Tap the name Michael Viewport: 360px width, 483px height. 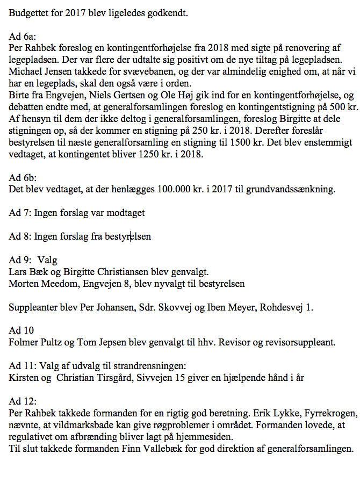(x=25, y=72)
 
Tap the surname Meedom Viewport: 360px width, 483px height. (x=55, y=283)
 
